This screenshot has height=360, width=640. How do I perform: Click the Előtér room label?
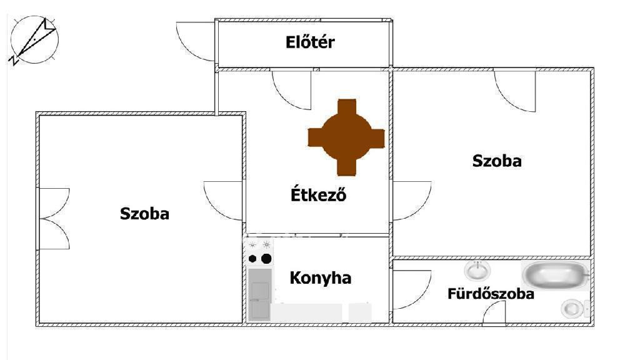310,42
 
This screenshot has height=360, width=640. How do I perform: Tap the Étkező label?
319,195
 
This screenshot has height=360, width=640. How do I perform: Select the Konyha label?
320,277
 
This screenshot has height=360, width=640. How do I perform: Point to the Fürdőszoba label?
491,294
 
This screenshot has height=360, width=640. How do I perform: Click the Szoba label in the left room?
144,214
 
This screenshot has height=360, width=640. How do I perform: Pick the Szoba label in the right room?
497,161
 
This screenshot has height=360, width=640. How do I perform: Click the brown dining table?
346,137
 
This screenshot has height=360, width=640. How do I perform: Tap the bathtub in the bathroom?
556,276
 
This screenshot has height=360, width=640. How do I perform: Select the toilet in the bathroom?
573,308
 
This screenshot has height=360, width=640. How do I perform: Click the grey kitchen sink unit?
259,294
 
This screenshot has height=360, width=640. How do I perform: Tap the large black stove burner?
266,258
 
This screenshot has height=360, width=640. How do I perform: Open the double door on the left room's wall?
54,218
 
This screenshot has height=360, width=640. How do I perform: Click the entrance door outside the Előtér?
196,41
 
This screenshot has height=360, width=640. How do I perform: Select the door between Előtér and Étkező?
292,89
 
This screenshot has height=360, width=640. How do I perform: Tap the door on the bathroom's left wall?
412,289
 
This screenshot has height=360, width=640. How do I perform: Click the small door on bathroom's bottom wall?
494,313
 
